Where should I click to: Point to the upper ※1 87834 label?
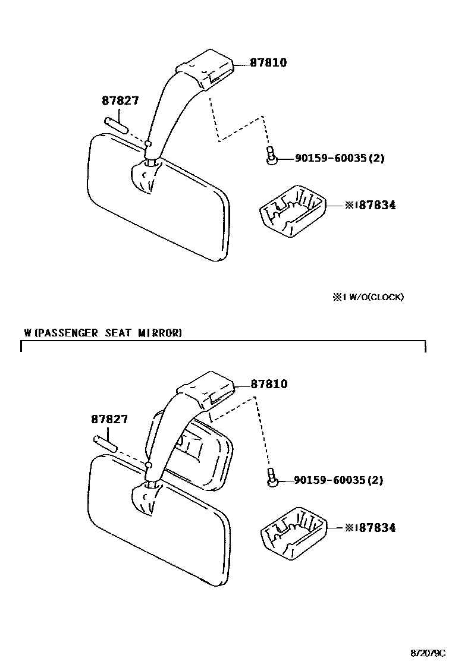pos(370,205)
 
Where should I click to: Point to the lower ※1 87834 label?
pos(370,527)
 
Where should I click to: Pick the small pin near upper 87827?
pos(115,125)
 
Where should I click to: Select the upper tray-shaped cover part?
pos(293,211)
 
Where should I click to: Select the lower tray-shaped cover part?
pos(294,533)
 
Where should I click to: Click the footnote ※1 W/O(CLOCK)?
pos(368,297)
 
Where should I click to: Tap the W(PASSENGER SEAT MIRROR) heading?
pos(103,333)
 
